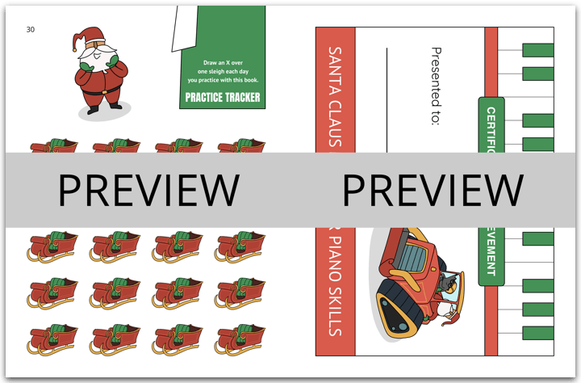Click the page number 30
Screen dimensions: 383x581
click(30, 29)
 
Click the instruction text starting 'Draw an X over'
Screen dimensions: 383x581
click(222, 71)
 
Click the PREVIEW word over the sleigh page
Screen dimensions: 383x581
click(148, 190)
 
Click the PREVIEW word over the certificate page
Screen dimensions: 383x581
click(433, 190)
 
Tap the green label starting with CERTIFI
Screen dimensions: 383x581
click(491, 125)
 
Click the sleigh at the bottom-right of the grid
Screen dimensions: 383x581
click(240, 339)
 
